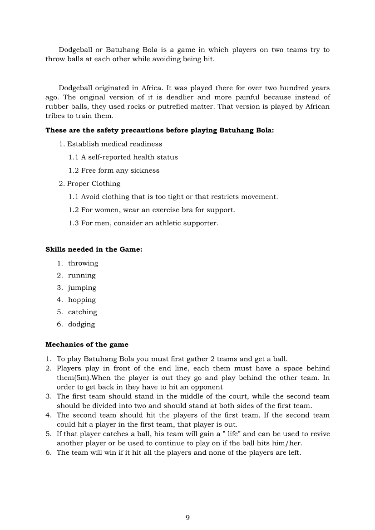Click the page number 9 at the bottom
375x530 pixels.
[187, 518]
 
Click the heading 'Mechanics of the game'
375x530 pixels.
[87, 345]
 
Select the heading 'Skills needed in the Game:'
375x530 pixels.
[94, 249]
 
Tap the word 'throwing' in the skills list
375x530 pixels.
[83, 263]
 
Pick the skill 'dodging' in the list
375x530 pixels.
[82, 324]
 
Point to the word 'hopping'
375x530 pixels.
[82, 300]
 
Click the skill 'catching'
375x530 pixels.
[83, 312]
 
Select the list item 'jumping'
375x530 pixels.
[82, 288]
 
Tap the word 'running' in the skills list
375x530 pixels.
[82, 276]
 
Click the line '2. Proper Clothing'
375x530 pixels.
[89, 184]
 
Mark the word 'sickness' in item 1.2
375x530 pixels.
[145, 170]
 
